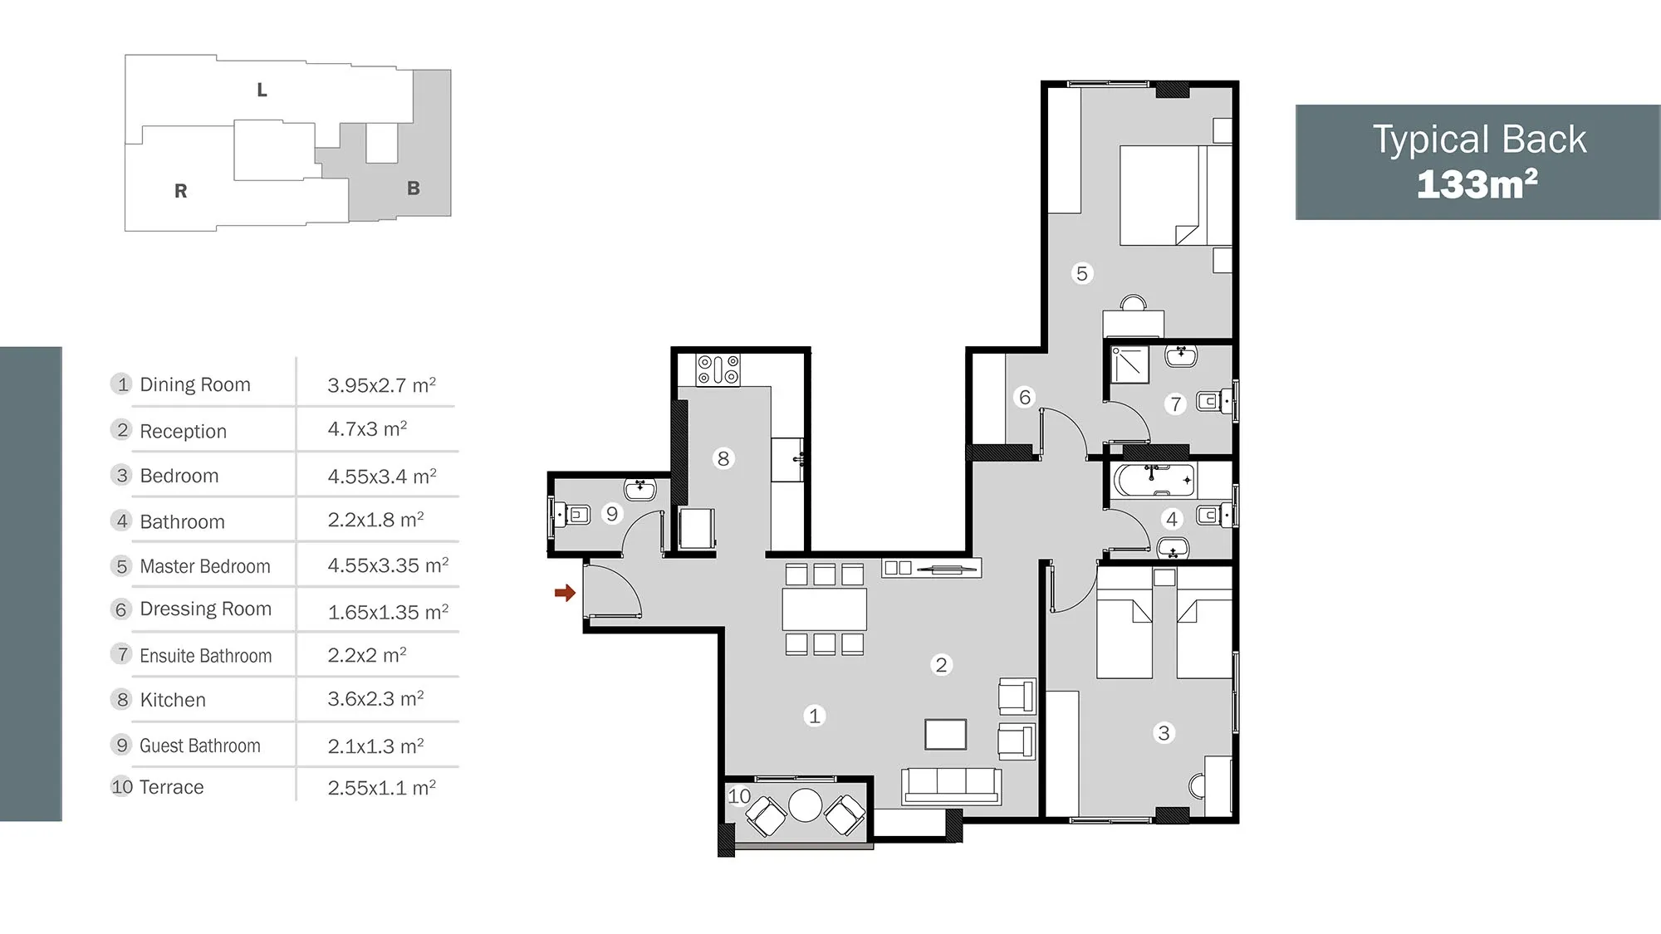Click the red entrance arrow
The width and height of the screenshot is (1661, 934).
[565, 593]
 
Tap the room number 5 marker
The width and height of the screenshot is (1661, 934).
[1081, 273]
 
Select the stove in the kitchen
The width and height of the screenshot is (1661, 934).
[718, 369]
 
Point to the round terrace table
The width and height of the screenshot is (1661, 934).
[805, 805]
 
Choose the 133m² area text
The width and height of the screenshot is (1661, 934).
[1477, 184]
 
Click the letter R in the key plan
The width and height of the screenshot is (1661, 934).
[180, 191]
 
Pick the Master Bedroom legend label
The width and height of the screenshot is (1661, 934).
[205, 566]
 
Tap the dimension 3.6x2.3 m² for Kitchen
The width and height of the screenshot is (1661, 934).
[375, 699]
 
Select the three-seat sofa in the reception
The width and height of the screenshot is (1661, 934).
[951, 786]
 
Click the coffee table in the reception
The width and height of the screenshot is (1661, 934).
[946, 735]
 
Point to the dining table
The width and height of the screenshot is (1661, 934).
[824, 609]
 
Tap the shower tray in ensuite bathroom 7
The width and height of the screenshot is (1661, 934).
[1129, 365]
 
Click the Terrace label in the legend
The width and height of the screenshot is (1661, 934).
[172, 787]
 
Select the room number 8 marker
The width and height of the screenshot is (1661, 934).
[723, 458]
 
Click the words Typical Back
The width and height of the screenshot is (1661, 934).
[1479, 139]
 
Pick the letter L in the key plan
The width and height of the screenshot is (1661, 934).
[262, 90]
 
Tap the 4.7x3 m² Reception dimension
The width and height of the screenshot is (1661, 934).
[367, 429]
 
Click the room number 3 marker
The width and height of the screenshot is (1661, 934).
[1164, 733]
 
